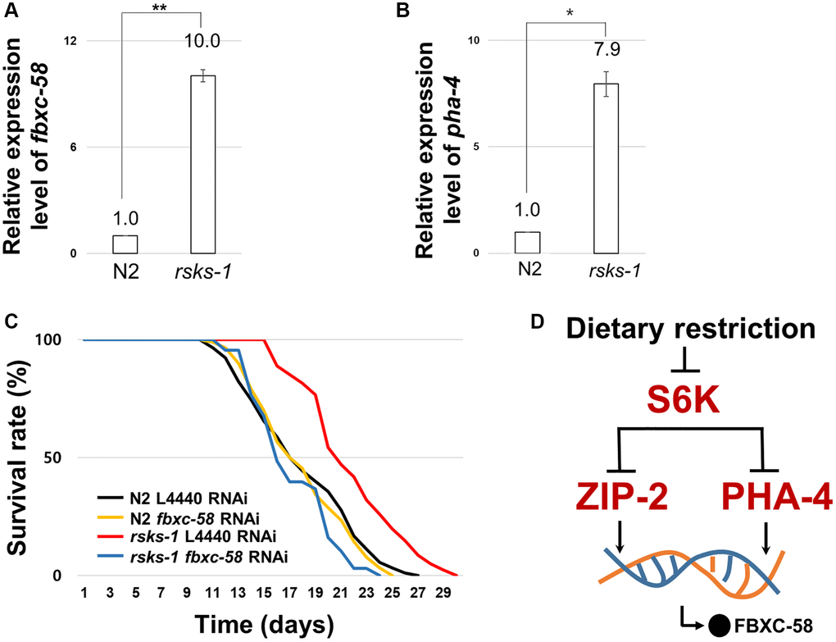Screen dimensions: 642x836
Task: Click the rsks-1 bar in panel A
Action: click(202, 164)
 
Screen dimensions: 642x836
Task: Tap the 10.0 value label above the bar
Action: click(202, 41)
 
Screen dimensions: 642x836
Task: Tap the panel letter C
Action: click(10, 321)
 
